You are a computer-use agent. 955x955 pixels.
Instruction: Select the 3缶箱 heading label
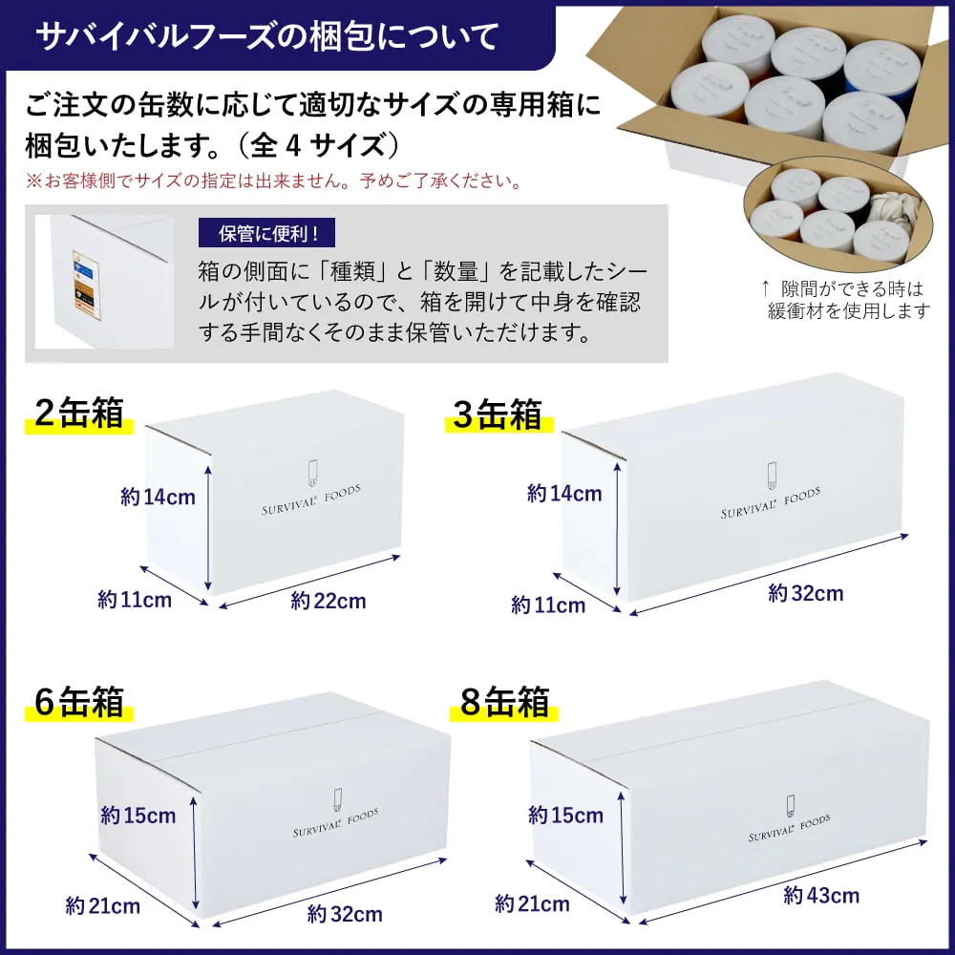[498, 415]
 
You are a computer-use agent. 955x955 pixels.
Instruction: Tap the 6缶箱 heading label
[79, 702]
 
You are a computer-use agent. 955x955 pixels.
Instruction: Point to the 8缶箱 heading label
[505, 703]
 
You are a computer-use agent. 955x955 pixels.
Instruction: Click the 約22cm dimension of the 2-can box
[329, 602]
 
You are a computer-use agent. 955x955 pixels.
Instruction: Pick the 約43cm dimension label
[821, 896]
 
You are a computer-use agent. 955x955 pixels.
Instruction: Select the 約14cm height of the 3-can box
[564, 494]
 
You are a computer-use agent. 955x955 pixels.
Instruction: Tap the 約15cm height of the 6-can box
[138, 816]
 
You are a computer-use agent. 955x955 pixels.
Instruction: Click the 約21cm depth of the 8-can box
[533, 903]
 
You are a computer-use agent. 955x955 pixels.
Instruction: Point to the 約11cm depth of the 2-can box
[135, 600]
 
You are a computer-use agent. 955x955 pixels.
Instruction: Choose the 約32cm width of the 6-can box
[345, 915]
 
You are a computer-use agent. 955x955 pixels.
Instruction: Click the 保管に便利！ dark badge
[267, 233]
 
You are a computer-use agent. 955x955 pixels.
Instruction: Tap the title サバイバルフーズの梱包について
[266, 36]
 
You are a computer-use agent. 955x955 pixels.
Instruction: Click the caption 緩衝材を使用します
[849, 311]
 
